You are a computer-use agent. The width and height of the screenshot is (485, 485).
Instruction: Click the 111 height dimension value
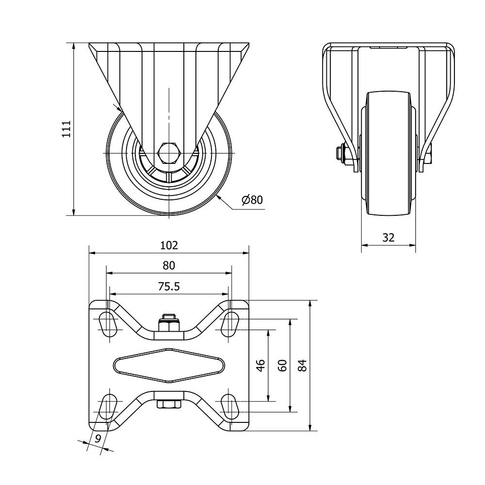(x=66, y=129)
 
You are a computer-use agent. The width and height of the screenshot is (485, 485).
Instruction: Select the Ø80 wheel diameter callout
(x=252, y=200)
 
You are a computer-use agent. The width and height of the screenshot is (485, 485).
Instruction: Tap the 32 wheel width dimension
(x=388, y=237)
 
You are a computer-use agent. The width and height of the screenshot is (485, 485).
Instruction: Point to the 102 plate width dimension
(x=169, y=245)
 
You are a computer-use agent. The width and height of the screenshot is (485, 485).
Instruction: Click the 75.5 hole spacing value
(x=169, y=287)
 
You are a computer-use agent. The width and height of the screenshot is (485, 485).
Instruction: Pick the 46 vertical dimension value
(x=261, y=365)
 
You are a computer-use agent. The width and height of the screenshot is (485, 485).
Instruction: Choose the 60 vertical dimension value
(x=282, y=365)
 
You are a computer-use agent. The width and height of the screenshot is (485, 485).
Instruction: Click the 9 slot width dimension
(x=98, y=438)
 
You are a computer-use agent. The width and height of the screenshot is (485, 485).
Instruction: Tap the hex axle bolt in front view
(x=169, y=153)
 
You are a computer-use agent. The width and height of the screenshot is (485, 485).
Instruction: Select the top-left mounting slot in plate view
(x=107, y=324)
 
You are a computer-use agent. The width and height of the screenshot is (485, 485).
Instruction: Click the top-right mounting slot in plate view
(x=231, y=324)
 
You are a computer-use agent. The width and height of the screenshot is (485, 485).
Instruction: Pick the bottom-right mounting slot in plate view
(x=231, y=406)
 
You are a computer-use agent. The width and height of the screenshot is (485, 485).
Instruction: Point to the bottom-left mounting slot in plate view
(x=107, y=406)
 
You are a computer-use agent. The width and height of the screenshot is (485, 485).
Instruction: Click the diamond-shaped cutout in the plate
(x=169, y=365)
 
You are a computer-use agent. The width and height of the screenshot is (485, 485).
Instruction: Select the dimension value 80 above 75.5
(x=169, y=265)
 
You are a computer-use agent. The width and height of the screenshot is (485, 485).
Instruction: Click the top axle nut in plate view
(x=169, y=323)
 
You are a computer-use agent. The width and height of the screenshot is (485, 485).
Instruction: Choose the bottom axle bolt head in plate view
(x=169, y=404)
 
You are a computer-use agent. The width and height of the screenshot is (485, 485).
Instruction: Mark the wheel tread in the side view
(x=388, y=153)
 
